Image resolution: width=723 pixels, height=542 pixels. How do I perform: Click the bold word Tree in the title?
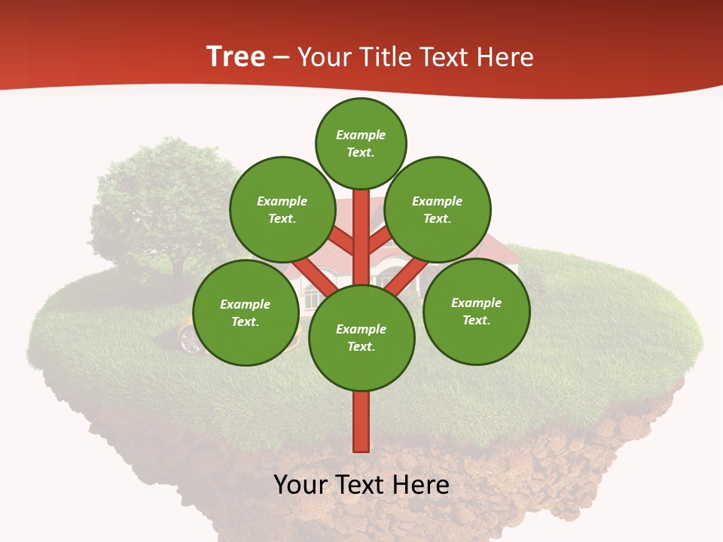[236, 57]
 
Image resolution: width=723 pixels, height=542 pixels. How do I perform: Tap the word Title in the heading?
[385, 57]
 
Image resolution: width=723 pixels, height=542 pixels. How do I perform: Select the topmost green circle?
[361, 143]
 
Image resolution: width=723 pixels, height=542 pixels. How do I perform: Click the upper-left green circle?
[282, 209]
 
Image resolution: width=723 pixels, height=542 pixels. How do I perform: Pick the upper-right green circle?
[438, 209]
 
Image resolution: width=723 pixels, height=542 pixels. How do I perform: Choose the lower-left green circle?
[246, 312]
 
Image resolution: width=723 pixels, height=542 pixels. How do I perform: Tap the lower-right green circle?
[476, 311]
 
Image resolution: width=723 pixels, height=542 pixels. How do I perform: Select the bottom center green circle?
[361, 338]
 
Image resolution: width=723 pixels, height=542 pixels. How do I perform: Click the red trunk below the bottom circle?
[361, 422]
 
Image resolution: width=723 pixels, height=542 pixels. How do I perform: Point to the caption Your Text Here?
[361, 485]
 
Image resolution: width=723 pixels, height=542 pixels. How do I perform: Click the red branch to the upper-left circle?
[340, 241]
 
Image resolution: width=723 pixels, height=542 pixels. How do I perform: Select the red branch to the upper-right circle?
[381, 240]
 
